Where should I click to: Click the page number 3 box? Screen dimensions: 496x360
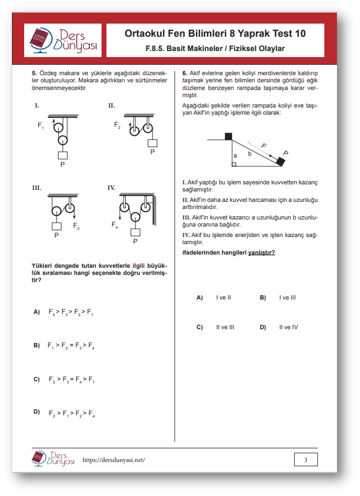point(306,459)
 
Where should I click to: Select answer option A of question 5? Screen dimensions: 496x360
point(37,312)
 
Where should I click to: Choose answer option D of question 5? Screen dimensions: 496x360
point(37,412)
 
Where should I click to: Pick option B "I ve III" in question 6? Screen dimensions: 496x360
point(263,297)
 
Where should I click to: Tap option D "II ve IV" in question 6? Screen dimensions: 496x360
point(263,327)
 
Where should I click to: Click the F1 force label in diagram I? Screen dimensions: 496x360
point(41,126)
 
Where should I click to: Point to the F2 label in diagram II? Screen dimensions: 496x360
point(117,126)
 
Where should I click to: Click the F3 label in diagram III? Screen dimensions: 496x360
point(76,226)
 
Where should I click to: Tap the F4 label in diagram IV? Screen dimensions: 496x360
point(115,224)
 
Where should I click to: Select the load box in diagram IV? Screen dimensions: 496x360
point(135,232)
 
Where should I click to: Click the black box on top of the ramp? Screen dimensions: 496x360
point(228,136)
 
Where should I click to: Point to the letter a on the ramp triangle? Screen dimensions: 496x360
point(235,155)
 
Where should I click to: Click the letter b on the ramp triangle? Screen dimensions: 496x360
point(249,154)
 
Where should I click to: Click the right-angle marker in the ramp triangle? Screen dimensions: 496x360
point(234,164)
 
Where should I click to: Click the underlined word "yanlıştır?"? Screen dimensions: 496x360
point(262,252)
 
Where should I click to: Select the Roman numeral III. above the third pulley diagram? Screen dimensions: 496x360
point(37,188)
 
